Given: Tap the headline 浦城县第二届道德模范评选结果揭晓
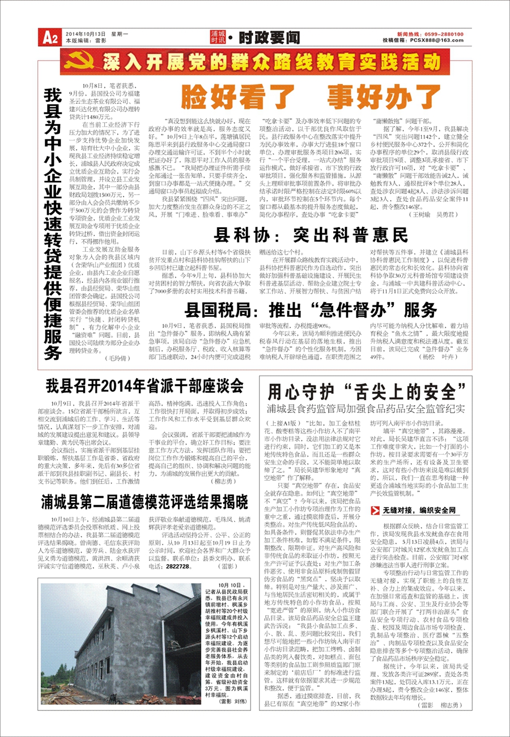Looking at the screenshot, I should pyautogui.click(x=144, y=502).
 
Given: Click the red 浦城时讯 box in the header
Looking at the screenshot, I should pyautogui.click(x=217, y=37).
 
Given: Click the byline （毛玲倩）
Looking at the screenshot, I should pyautogui.click(x=118, y=358).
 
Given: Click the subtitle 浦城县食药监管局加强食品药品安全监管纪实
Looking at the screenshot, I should pyautogui.click(x=366, y=408).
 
